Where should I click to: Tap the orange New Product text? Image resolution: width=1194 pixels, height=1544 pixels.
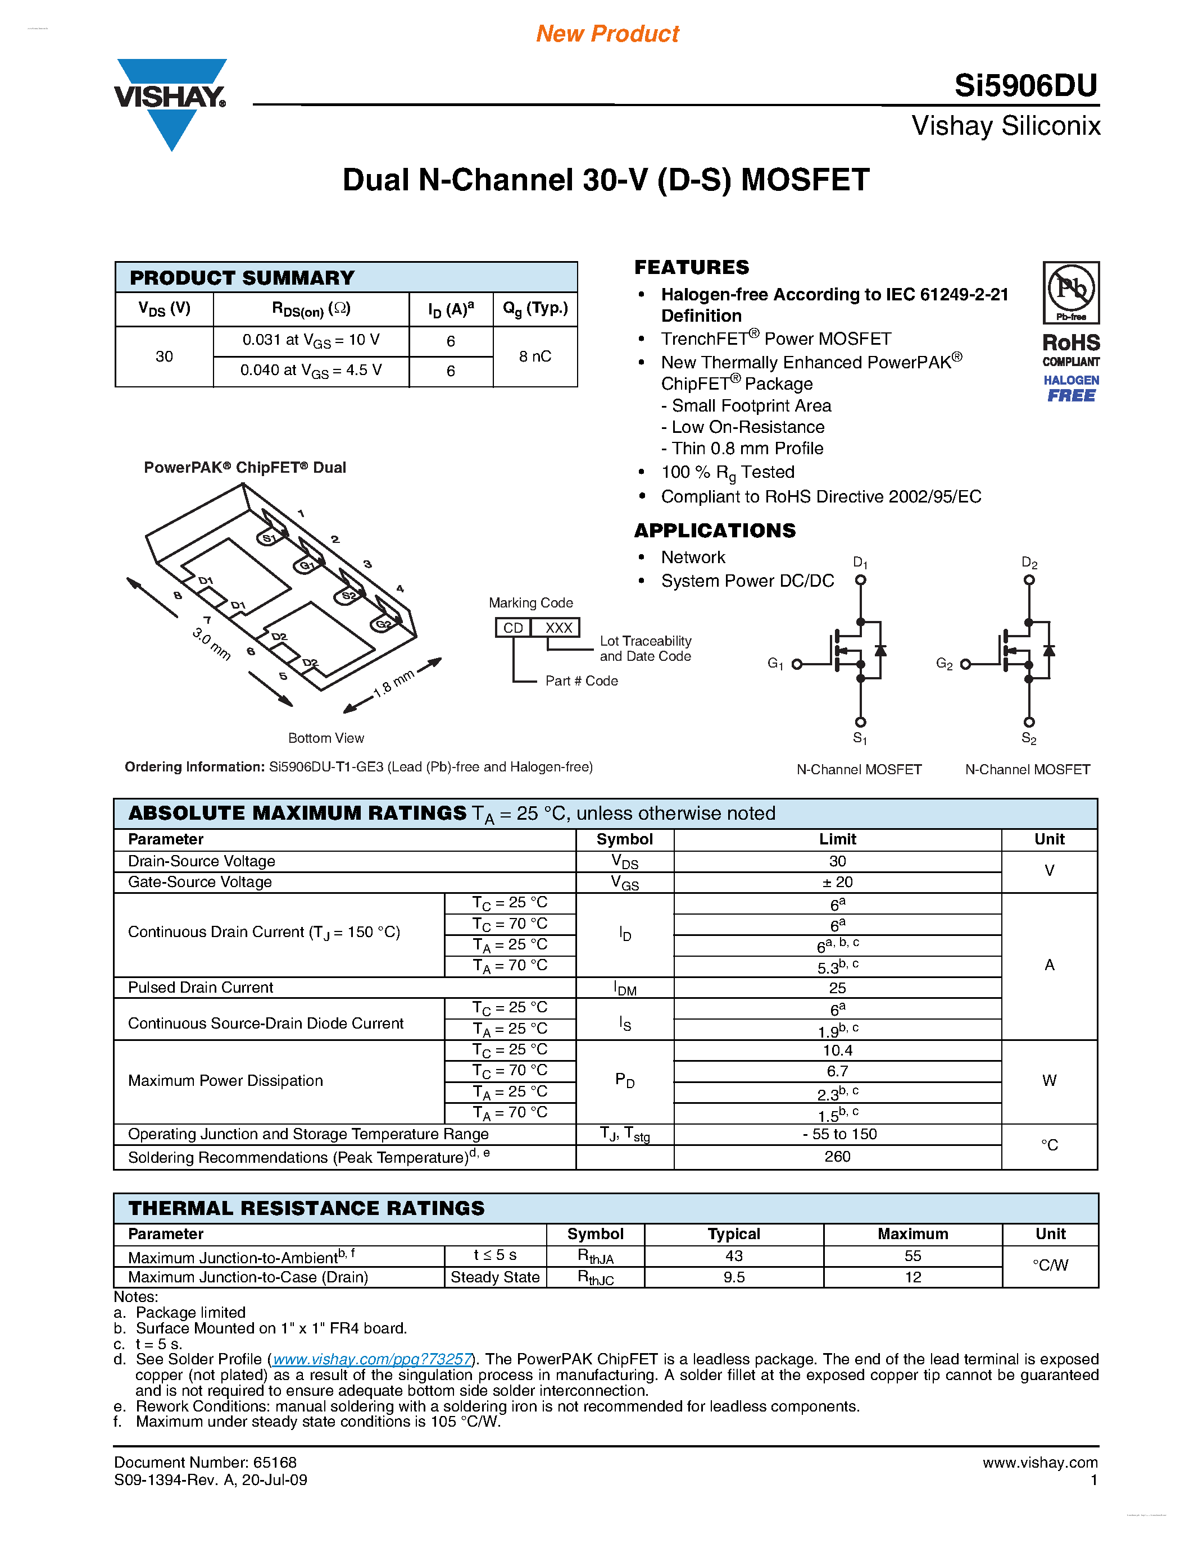coord(607,33)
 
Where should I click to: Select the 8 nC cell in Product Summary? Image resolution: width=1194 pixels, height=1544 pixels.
coord(535,357)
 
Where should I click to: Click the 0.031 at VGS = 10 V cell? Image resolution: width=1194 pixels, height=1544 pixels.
coord(311,340)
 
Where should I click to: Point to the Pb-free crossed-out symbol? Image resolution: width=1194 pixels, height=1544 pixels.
coord(1071,289)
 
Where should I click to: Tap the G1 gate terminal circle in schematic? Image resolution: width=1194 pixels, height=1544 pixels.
coord(797,664)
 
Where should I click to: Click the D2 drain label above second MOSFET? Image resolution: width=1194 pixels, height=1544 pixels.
coord(1029,564)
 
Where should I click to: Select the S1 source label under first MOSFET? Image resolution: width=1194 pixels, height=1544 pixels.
coord(860,738)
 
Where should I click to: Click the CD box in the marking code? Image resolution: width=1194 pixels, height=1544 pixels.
coord(513,628)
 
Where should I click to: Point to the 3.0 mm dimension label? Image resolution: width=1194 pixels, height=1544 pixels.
coord(211,643)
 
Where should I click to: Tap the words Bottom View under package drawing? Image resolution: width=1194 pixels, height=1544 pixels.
coord(326,738)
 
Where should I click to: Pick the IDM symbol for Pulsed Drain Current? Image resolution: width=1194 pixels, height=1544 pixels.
coord(625,988)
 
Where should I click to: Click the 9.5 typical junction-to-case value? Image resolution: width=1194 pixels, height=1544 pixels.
coord(733,1277)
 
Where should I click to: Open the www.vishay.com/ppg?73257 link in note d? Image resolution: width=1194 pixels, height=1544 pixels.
coord(372,1359)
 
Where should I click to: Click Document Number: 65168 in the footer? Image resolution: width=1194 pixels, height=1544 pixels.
coord(205,1462)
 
